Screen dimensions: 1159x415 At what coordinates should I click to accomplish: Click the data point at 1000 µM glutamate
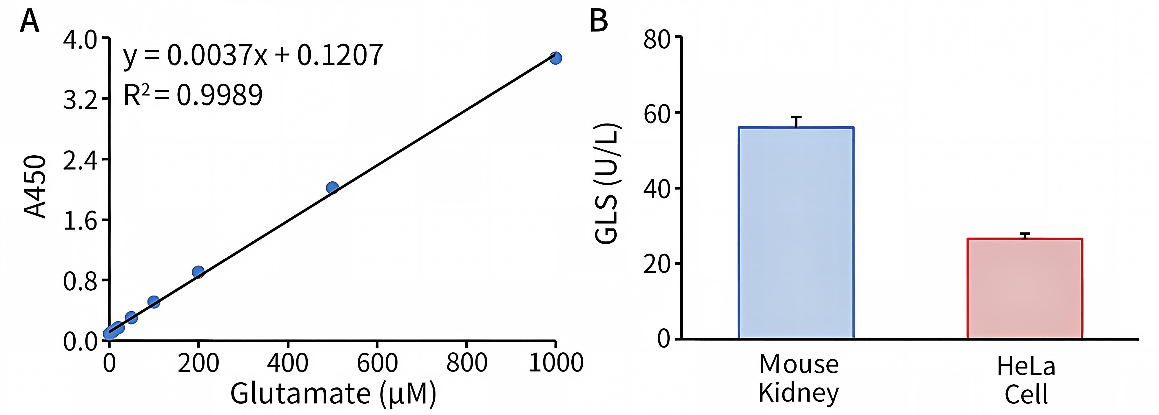(x=556, y=58)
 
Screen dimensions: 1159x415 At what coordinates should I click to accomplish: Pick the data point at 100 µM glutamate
(x=154, y=302)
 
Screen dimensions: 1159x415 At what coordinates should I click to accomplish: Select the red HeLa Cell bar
(x=1025, y=288)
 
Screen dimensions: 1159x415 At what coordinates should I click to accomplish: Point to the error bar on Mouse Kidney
(x=797, y=122)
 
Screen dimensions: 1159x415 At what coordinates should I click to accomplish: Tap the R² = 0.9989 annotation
(x=193, y=95)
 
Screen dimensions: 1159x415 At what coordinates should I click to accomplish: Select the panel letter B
(x=599, y=21)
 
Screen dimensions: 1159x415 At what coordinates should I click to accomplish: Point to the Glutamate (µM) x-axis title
(x=334, y=393)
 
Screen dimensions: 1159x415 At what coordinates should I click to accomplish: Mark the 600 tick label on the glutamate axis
(x=377, y=363)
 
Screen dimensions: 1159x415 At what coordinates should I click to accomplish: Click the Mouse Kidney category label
(x=799, y=378)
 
